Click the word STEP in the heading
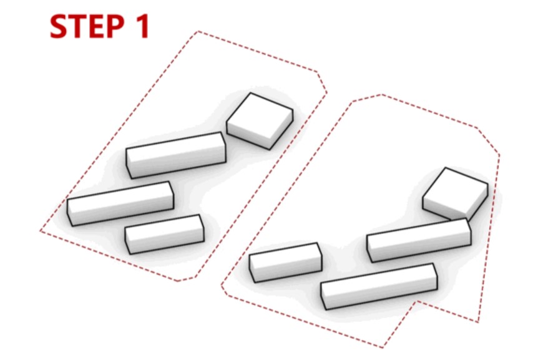(x=87, y=26)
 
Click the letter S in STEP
(x=59, y=26)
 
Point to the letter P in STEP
(x=115, y=26)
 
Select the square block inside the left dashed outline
(x=260, y=121)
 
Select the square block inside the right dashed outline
(x=455, y=194)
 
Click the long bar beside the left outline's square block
(x=176, y=155)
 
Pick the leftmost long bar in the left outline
(x=120, y=203)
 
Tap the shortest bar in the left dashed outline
(x=165, y=234)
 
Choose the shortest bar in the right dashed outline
(x=285, y=263)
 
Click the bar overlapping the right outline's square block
(x=419, y=240)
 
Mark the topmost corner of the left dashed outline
(x=198, y=31)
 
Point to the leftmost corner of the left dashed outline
(x=40, y=231)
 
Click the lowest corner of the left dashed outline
(x=178, y=281)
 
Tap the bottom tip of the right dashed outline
(x=383, y=348)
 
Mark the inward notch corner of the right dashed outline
(x=416, y=301)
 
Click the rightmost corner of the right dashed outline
(x=499, y=155)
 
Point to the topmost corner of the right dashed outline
(x=381, y=94)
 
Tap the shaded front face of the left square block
(x=249, y=135)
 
